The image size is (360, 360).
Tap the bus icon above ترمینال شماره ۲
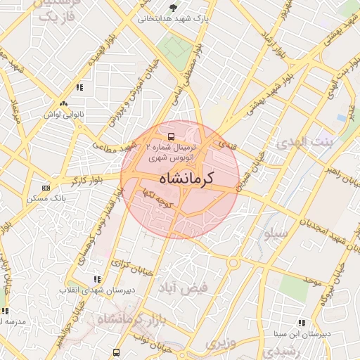click(172, 136)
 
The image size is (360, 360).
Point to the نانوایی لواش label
click(64, 114)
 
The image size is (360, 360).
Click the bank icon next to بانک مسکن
click(46, 188)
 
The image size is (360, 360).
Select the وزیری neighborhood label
click(217, 343)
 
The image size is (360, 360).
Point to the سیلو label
click(272, 231)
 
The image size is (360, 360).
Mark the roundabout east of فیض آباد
click(233, 264)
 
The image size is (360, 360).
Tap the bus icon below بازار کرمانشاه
click(116, 351)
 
